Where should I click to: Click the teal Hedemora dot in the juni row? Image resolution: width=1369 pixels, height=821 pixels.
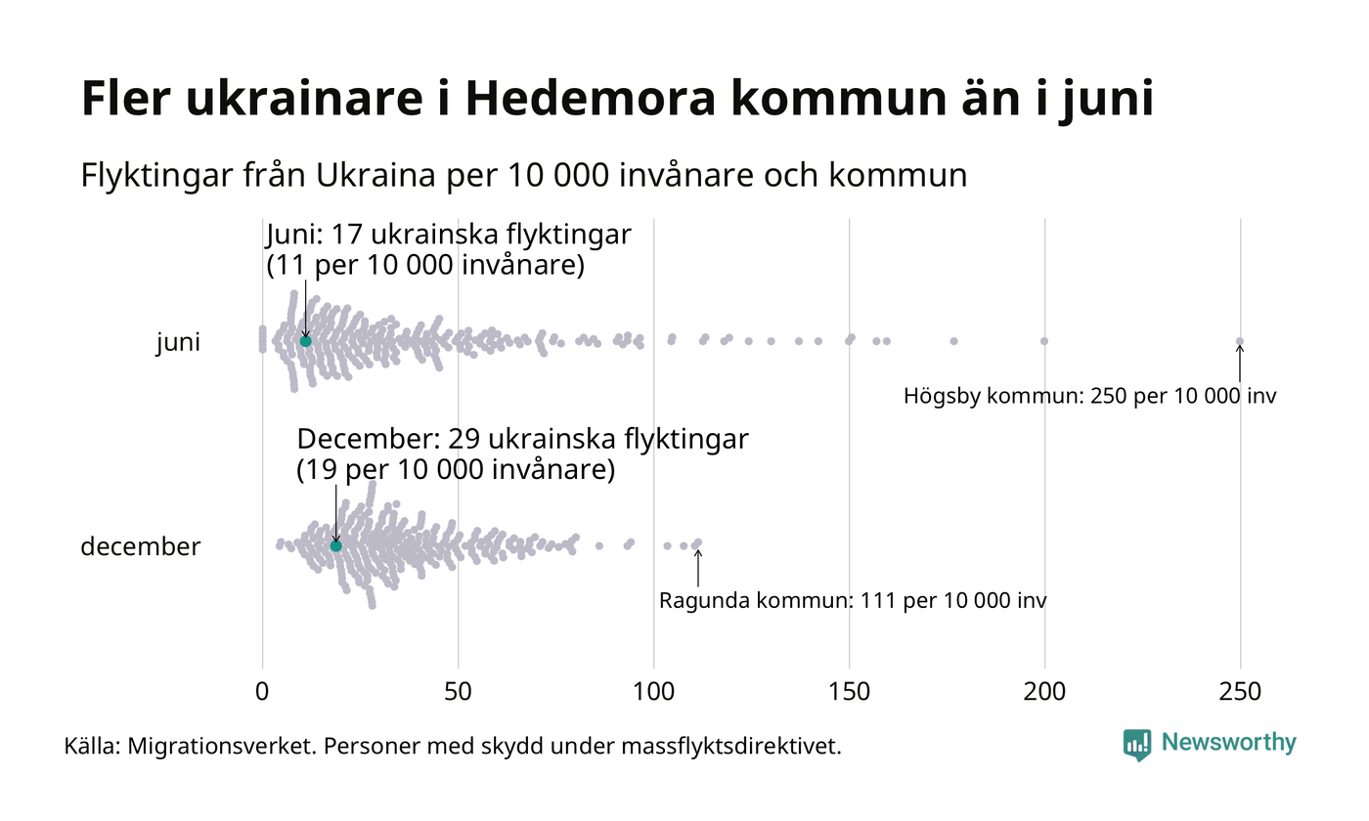305,341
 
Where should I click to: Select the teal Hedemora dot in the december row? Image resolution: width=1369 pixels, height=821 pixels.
336,545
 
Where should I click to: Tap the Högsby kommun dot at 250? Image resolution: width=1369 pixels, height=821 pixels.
1240,341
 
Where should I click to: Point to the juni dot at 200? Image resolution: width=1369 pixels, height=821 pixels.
1044,341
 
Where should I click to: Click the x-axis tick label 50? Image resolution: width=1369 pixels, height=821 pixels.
458,692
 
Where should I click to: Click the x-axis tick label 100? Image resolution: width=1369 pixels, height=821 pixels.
653,692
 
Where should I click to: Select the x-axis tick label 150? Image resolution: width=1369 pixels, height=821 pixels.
849,692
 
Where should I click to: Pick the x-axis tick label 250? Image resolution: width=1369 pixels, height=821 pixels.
1240,692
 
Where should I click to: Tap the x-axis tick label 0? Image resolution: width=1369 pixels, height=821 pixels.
262,692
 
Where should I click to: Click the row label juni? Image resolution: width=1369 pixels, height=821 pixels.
178,343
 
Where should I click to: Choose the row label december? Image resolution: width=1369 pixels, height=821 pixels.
140,546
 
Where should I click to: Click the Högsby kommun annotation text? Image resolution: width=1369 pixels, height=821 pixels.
1089,397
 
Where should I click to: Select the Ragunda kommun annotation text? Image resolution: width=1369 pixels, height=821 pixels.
853,600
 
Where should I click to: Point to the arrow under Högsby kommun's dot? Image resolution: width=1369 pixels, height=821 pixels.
1240,364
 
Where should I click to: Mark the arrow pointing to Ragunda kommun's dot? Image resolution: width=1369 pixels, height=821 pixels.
698,568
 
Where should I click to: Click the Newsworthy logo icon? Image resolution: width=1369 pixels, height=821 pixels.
1137,745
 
